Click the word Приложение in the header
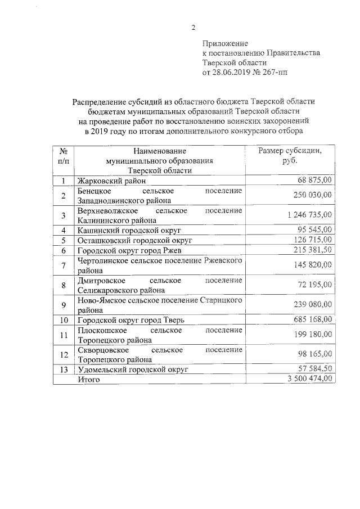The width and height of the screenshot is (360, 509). tap(225, 43)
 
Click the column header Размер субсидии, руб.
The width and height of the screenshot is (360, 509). tap(290, 156)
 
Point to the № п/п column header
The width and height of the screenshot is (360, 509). tap(64, 156)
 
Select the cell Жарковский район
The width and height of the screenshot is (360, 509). tap(111, 181)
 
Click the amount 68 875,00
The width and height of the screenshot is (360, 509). tap(313, 180)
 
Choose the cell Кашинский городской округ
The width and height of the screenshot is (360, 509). tap(124, 230)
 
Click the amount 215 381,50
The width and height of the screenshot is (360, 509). tap(310, 250)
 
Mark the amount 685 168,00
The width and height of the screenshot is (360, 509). tap(310, 319)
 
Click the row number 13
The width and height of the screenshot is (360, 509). tap(64, 370)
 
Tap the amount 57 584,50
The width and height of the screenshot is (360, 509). tap(312, 370)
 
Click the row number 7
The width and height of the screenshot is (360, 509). tap(64, 265)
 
